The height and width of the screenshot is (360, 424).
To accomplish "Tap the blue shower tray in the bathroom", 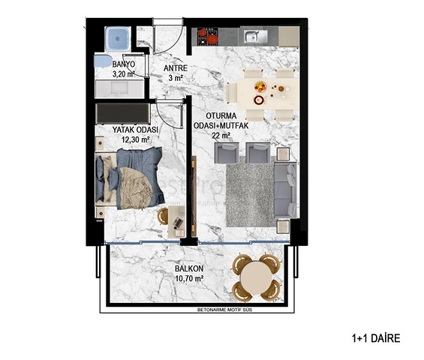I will (118, 37).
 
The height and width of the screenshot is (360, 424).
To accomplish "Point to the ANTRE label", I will (175, 68).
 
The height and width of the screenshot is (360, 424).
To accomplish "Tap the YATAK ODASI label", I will (130, 130).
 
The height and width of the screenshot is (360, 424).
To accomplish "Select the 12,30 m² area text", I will (131, 139).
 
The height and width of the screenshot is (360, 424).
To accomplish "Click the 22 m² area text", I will (221, 136).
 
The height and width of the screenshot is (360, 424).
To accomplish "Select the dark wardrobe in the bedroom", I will (123, 112).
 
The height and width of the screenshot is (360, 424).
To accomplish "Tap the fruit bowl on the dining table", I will (260, 85).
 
